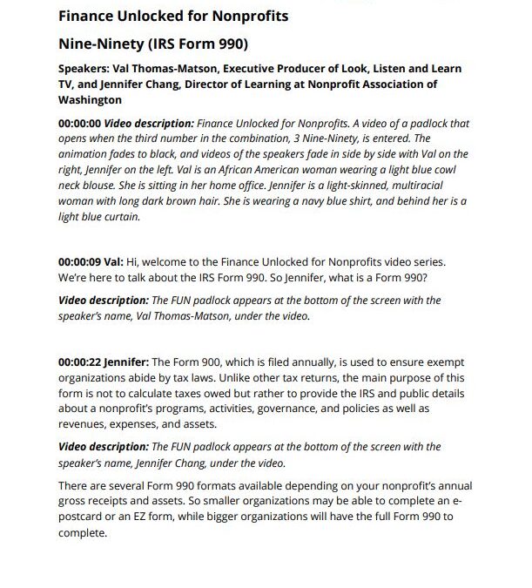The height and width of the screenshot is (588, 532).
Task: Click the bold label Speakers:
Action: pos(85,69)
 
